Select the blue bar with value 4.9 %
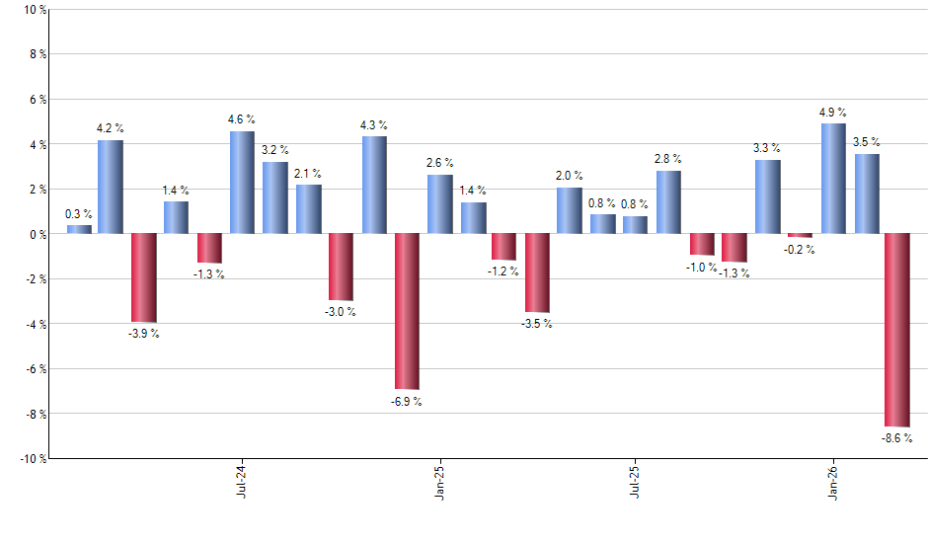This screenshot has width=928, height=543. pyautogui.click(x=833, y=179)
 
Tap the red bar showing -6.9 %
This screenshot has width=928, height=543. pyautogui.click(x=407, y=311)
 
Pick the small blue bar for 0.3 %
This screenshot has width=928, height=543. pyautogui.click(x=79, y=229)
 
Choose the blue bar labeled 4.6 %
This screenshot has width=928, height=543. pyautogui.click(x=242, y=183)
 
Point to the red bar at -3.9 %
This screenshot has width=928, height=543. pyautogui.click(x=144, y=277)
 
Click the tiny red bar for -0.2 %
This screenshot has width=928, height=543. pyautogui.click(x=800, y=236)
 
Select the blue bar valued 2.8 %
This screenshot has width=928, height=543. pyautogui.click(x=668, y=202)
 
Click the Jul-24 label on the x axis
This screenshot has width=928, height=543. pyautogui.click(x=242, y=483)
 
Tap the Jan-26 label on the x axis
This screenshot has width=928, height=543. pyautogui.click(x=833, y=483)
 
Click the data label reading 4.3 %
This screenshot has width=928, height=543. pyautogui.click(x=374, y=125)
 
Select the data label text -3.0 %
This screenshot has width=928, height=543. pyautogui.click(x=341, y=312)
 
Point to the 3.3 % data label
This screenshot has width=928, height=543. pyautogui.click(x=767, y=148)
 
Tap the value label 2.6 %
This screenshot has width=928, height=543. pyautogui.click(x=439, y=163)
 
